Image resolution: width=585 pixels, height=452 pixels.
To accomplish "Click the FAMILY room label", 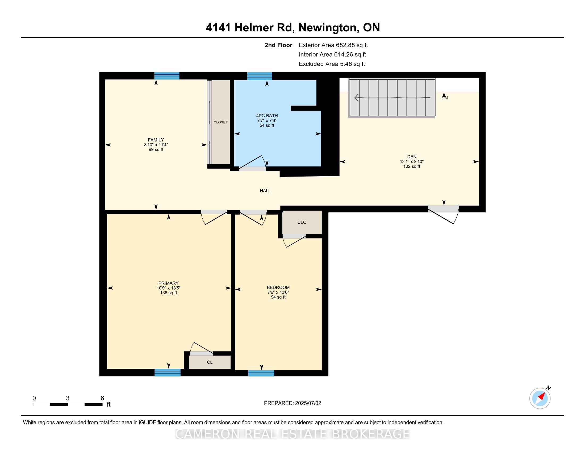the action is (156, 140).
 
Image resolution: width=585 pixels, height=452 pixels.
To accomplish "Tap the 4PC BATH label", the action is (267, 116).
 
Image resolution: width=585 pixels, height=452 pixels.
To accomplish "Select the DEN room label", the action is (412, 157).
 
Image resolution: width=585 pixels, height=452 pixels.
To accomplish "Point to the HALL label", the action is (265, 191).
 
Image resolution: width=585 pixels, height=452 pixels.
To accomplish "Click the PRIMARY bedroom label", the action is (169, 283).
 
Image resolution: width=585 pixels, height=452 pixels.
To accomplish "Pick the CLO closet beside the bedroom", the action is (302, 222).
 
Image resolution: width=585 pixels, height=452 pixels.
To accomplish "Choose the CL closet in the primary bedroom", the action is (210, 362).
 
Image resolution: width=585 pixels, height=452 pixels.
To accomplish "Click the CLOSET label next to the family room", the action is (220, 122).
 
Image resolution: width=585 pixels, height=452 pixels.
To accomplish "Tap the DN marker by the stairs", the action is (445, 98).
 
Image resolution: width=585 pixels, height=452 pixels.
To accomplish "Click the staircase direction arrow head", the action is (356, 98).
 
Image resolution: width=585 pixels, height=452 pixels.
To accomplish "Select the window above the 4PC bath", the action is (260, 76).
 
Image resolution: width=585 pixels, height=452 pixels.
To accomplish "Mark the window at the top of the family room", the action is (167, 76).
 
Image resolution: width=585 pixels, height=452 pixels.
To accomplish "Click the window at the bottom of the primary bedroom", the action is (168, 373).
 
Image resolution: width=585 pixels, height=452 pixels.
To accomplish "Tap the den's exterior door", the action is (443, 214).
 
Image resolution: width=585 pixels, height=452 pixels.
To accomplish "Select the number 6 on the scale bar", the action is (102, 398).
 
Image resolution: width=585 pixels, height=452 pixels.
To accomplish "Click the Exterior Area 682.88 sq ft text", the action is (333, 45).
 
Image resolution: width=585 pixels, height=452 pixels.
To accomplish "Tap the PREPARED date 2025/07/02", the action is (308, 403).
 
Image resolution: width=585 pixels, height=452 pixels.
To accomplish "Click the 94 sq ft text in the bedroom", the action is (278, 297).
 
